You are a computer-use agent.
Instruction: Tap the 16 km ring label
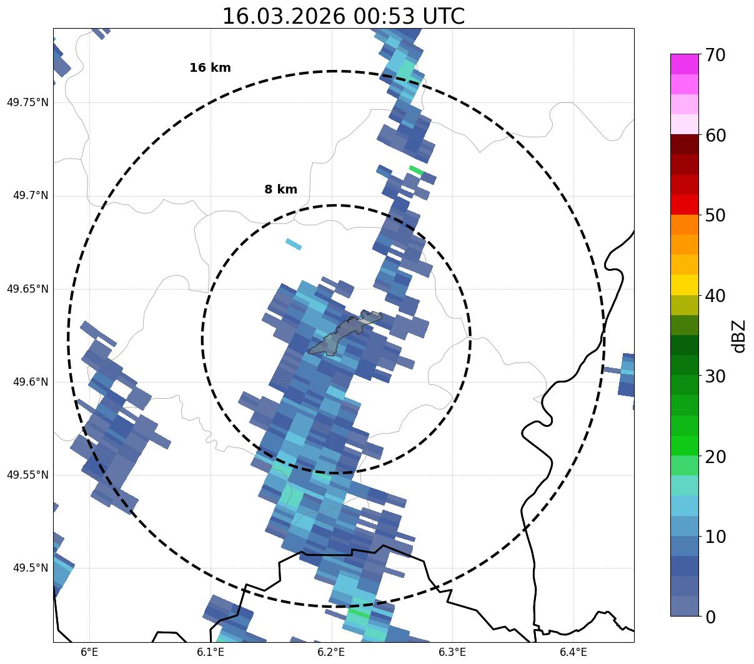pyautogui.click(x=210, y=68)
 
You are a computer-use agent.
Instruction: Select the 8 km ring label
pyautogui.click(x=280, y=190)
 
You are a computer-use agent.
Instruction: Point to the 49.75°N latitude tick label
pyautogui.click(x=27, y=102)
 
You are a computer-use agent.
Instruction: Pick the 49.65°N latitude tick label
pyautogui.click(x=27, y=289)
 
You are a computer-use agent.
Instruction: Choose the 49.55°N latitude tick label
pyautogui.click(x=27, y=475)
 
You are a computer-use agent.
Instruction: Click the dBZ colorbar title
pyautogui.click(x=740, y=336)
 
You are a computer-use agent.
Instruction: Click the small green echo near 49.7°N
pyautogui.click(x=416, y=170)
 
